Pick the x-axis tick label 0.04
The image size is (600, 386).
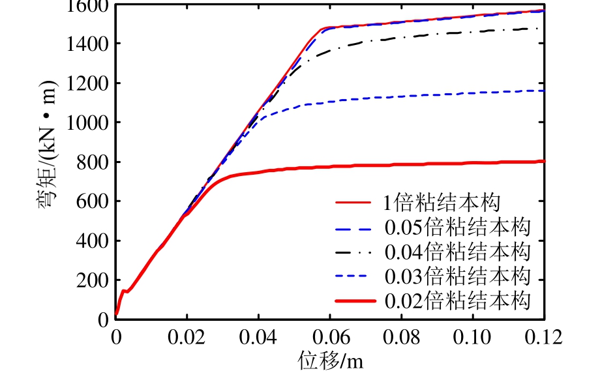coord(259,338)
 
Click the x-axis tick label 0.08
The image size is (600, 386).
coord(402,338)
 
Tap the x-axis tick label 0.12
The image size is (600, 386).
coord(544,338)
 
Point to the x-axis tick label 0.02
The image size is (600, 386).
coord(187,338)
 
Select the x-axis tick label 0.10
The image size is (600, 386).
coord(473,338)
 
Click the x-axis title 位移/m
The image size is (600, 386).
coord(330,360)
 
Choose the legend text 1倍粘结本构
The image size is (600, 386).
coord(442,202)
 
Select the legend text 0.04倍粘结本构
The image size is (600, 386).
coord(457,252)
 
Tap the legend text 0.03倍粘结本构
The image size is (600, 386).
coord(457,276)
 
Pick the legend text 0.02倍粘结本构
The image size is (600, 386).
coord(457,301)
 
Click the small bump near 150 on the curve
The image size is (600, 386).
coord(125,291)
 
